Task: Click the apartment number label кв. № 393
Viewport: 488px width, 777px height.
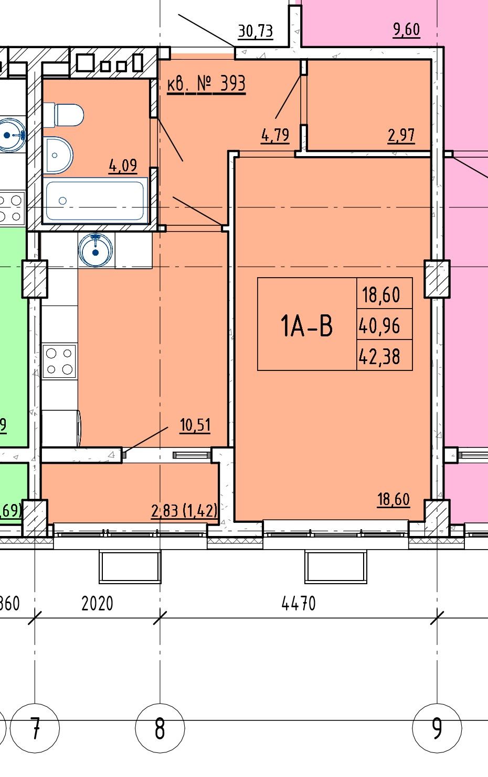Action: [206, 84]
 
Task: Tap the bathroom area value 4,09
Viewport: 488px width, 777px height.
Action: [123, 166]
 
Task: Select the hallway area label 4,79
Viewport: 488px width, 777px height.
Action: [275, 135]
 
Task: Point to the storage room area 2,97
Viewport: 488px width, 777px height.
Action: [401, 135]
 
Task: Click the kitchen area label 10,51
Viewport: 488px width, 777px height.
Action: [195, 425]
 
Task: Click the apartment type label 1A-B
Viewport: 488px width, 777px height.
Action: [306, 325]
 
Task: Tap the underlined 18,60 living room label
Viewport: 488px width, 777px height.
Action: [394, 499]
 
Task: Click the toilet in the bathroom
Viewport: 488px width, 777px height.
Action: [63, 115]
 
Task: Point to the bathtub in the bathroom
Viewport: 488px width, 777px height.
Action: [95, 200]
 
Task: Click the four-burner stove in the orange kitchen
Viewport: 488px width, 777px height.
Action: [59, 362]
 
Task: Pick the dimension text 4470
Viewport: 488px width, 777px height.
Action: [299, 603]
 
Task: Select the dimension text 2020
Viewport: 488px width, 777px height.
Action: [97, 603]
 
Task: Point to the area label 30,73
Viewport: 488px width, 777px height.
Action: [256, 31]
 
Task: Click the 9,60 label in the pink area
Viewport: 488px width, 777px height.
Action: [406, 30]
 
